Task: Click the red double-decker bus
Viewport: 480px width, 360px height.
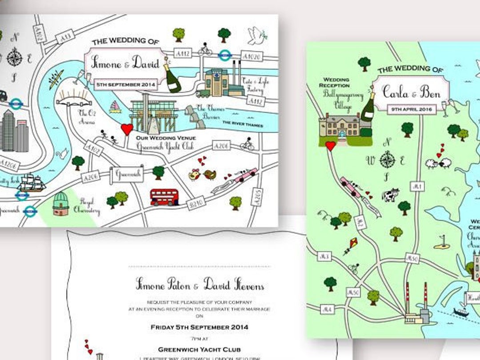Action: [164, 197]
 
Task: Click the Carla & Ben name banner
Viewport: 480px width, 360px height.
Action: [411, 92]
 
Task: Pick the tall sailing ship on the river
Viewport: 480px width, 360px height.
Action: [31, 182]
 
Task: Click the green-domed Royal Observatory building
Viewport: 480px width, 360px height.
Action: [62, 204]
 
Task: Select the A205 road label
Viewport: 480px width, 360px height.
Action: [257, 197]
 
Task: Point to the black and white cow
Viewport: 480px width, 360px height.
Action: [391, 195]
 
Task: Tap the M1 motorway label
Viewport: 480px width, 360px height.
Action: [416, 187]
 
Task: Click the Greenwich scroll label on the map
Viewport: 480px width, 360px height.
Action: [127, 175]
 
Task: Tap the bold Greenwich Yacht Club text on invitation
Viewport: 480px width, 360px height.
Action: [199, 349]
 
